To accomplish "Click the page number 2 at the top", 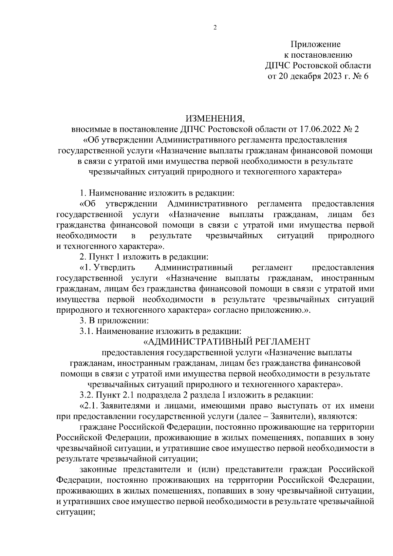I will (215, 28).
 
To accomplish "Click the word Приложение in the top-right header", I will (316, 44).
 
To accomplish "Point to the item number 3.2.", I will (86, 395).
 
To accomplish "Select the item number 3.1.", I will (86, 331).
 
